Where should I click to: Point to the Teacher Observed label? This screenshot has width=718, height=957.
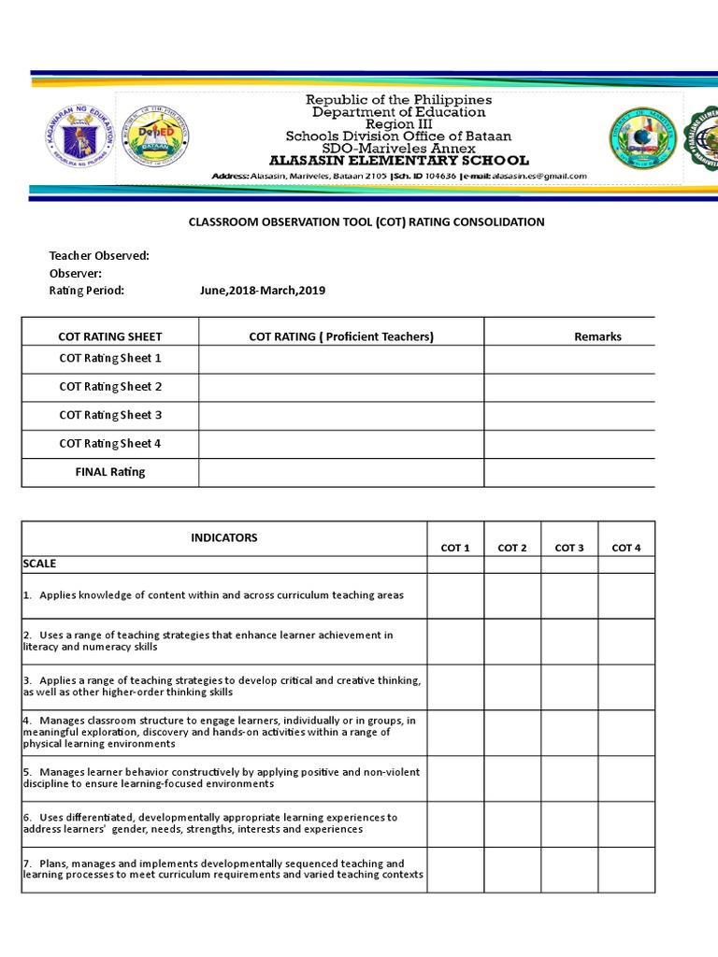99,256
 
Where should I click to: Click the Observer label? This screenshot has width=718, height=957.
76,273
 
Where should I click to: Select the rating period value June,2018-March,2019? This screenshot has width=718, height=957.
263,291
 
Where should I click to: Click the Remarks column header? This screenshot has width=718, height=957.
597,336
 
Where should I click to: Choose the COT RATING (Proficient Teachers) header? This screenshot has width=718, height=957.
341,336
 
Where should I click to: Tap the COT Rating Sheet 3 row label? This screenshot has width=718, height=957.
110,415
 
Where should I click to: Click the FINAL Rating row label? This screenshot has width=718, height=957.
110,472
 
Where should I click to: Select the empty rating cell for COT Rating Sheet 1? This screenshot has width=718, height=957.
341,359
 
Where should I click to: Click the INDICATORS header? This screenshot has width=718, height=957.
224,537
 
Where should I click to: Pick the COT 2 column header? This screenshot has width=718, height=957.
512,548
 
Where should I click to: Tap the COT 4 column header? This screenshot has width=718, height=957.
626,548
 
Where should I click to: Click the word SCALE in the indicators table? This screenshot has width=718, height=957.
39,564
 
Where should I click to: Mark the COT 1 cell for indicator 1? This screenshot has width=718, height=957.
455,595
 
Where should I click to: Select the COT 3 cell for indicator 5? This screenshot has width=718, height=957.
569,778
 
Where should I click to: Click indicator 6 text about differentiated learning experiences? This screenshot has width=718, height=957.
210,823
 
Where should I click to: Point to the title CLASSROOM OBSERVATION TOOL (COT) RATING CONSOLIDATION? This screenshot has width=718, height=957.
366,222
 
